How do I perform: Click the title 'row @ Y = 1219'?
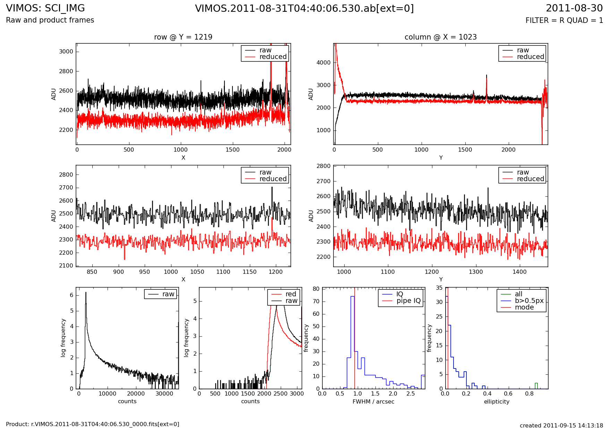183,37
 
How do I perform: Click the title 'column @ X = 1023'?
440,37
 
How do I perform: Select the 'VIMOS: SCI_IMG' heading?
45,8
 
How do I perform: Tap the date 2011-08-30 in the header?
574,8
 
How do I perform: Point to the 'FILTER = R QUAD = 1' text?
564,20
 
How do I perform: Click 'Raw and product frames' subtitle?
50,20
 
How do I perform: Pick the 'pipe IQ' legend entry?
408,301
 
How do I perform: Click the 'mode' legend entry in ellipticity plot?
524,307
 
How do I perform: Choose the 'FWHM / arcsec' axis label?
373,401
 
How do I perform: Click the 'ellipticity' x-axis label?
497,401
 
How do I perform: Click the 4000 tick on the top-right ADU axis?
323,63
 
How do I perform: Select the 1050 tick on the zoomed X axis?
197,272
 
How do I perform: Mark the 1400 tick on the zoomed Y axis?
519,272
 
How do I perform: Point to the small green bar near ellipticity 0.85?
536,386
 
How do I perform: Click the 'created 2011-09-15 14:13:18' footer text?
561,425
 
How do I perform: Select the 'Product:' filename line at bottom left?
93,424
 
